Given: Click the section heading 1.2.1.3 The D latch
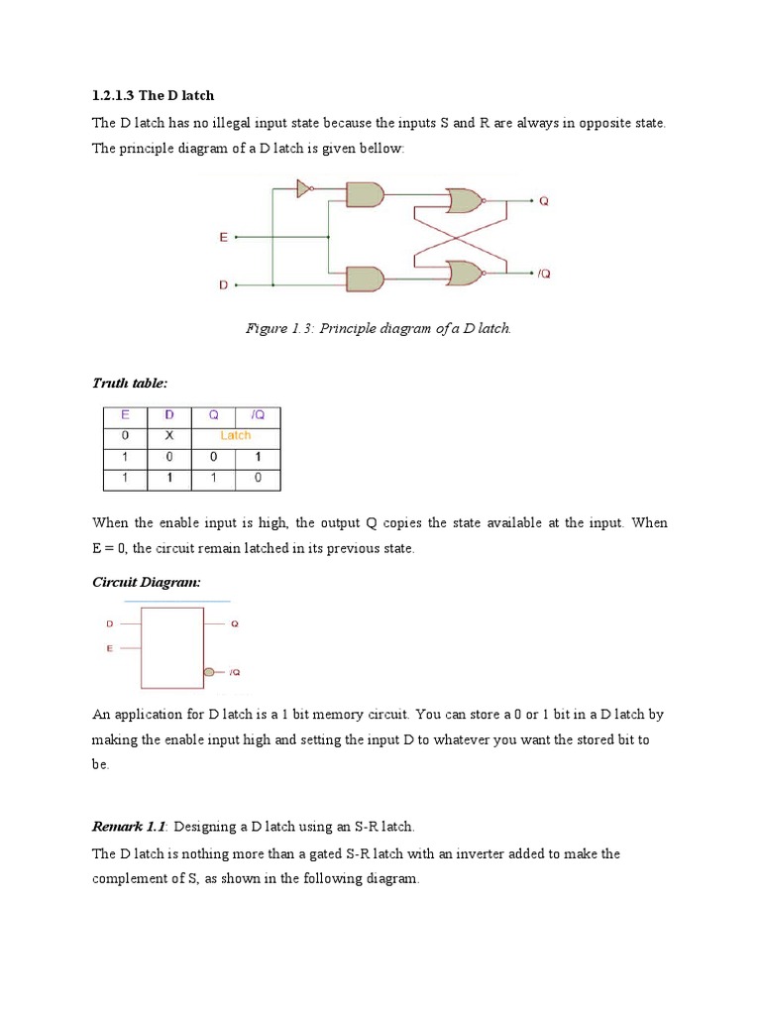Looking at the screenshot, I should [153, 96].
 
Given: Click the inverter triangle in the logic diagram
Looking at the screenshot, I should [304, 188].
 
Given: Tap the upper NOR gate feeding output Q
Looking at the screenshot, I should [465, 201].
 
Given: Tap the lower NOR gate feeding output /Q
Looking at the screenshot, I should [465, 272].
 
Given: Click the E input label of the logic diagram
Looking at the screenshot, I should [223, 238].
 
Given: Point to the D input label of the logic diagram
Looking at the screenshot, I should [223, 285].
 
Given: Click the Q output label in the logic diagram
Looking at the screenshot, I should [543, 201].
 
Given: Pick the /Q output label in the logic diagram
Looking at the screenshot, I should [544, 273].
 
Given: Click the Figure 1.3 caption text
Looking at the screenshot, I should [378, 328].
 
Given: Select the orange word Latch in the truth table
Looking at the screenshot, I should [236, 435].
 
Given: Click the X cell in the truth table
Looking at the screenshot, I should [169, 435].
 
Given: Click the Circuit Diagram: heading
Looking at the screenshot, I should [146, 582].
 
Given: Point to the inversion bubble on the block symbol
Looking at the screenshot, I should [209, 671].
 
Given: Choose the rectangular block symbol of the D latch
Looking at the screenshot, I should [172, 647].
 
